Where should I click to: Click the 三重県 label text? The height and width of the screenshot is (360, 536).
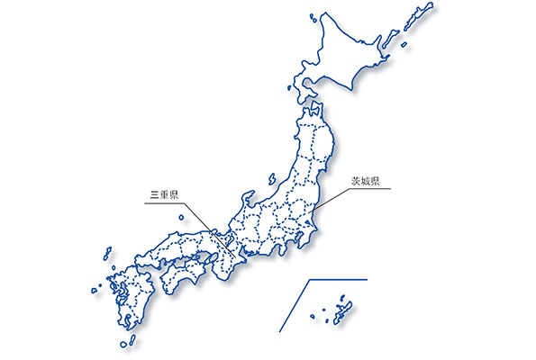tap(166, 193)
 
